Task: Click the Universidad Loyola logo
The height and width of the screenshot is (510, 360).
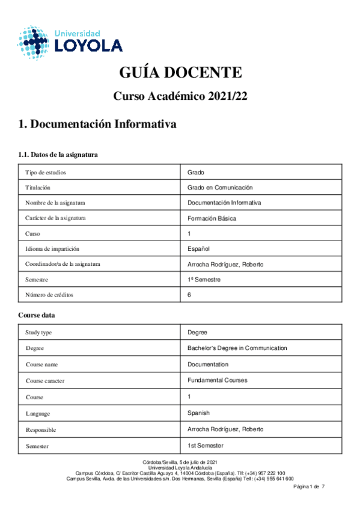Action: pos(70,42)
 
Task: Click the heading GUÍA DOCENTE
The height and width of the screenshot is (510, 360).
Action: pos(180,73)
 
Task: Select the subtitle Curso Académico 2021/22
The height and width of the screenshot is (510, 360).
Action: pos(180,96)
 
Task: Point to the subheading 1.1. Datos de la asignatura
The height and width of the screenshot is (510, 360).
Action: pos(58,155)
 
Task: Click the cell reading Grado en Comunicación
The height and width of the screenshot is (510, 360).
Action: pos(220,188)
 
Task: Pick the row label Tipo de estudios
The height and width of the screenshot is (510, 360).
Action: pos(46,172)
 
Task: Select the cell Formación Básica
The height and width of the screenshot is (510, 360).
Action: pos(212,218)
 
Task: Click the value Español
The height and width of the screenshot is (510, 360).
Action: pos(198,249)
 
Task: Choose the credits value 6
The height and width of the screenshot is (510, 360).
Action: pos(189,295)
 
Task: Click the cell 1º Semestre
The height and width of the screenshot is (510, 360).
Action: pos(204,280)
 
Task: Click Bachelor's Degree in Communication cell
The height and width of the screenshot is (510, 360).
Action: pos(237,348)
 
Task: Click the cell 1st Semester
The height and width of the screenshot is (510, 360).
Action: pos(206,445)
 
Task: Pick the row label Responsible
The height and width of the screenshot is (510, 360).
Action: pos(42,429)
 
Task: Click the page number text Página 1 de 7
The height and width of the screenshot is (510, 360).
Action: pos(308,486)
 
